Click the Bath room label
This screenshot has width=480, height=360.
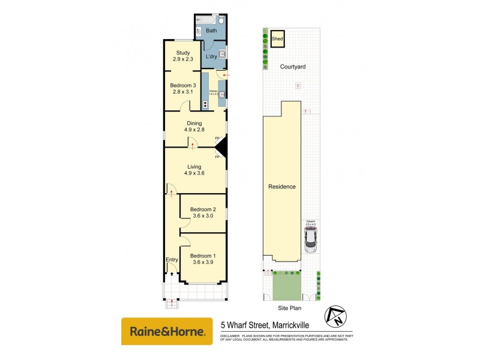point(211,30)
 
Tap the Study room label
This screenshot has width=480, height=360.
point(182,53)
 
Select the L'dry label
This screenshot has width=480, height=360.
point(211,56)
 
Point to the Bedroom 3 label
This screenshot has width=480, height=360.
point(182,85)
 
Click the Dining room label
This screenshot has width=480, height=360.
point(194,123)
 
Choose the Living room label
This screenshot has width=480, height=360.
point(194,167)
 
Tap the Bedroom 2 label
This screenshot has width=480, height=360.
point(202,209)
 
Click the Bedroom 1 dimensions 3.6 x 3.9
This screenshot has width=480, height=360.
point(202,262)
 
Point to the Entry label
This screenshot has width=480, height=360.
point(172,259)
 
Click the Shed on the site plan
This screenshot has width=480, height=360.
point(277,39)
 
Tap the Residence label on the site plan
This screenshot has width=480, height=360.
point(281,187)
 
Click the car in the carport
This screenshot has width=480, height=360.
point(311,240)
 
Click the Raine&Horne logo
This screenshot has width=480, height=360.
point(167,331)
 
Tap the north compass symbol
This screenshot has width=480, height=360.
point(334,316)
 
